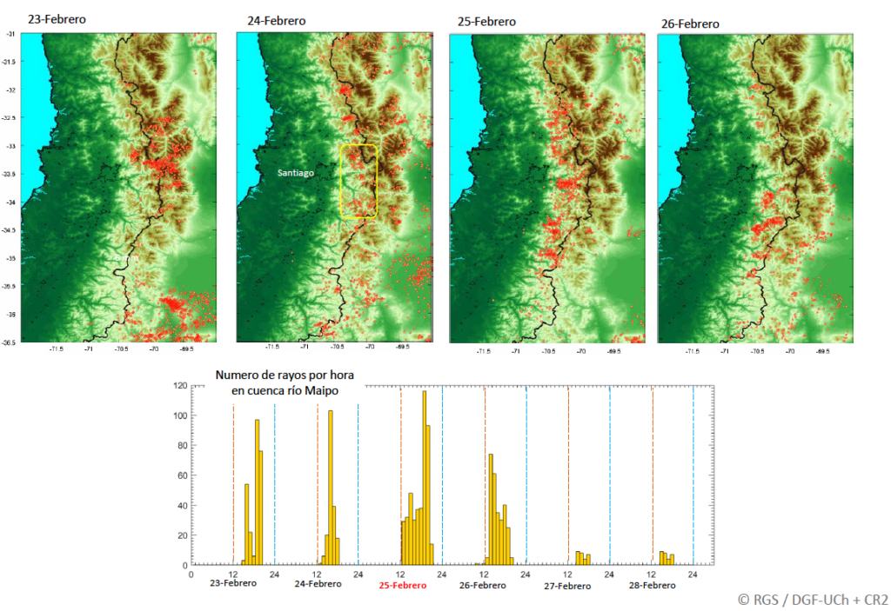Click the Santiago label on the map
[296, 173]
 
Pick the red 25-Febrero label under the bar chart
[402, 586]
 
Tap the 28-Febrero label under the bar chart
[653, 585]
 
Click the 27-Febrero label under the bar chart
[567, 586]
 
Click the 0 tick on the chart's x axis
[191, 574]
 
